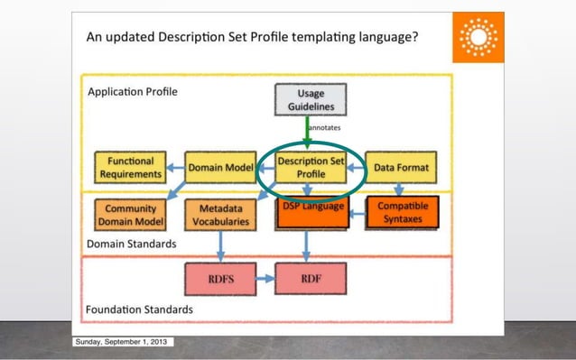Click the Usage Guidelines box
tap(310, 99)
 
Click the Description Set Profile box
tap(311, 167)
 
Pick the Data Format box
tap(401, 167)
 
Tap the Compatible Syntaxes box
tap(403, 213)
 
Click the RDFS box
tap(219, 279)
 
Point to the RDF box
tap(311, 279)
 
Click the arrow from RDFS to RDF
tap(265, 279)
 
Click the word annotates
tap(322, 128)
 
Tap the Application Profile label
tap(132, 91)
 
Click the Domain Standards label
tap(132, 244)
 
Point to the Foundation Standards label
tap(139, 309)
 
